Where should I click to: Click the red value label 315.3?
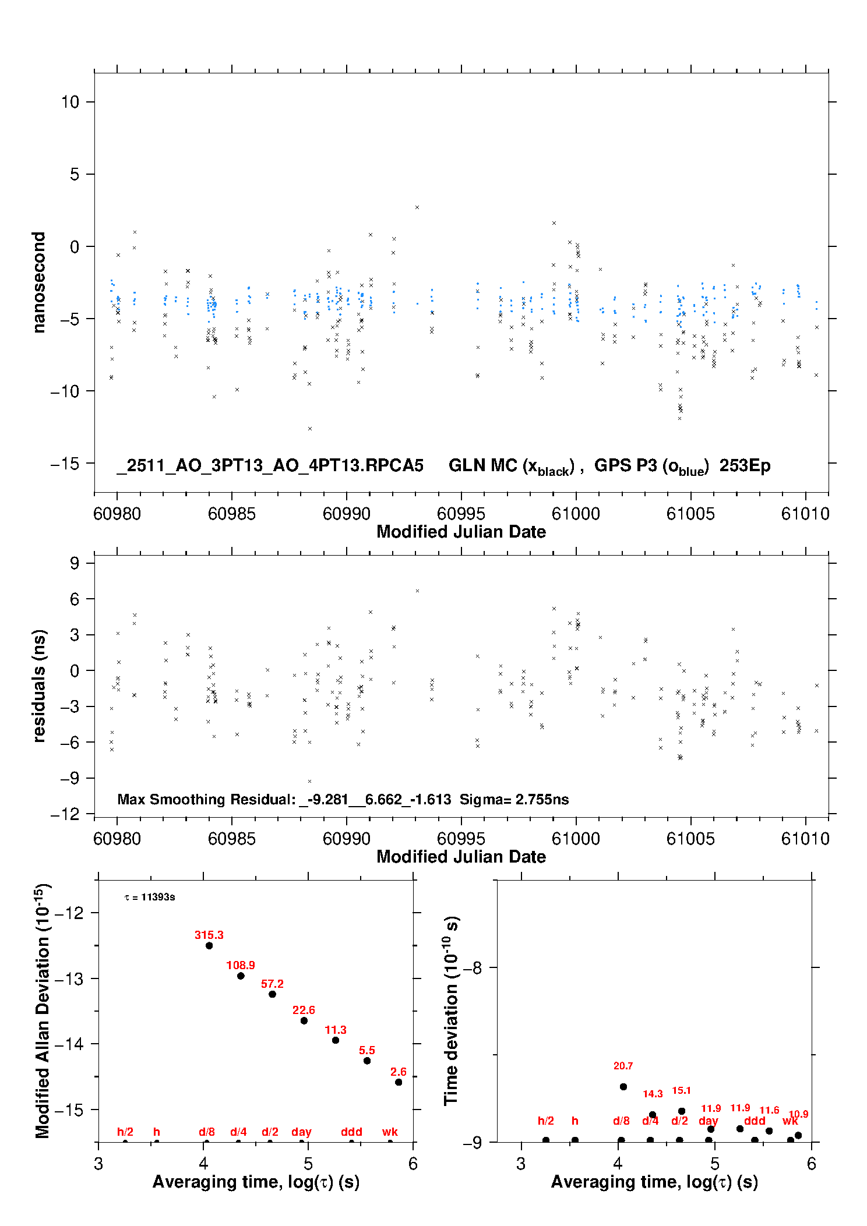(209, 935)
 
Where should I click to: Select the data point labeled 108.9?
(241, 976)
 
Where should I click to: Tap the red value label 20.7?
(623, 1066)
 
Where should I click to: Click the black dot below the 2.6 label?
(399, 1082)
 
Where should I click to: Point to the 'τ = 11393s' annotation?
(150, 898)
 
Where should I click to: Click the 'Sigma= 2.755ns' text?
(514, 799)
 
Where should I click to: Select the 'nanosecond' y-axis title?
(39, 282)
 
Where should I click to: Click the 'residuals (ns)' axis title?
(39, 686)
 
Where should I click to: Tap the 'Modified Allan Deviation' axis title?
(42, 1011)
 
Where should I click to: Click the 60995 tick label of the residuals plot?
(461, 839)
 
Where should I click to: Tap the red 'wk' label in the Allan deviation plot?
(390, 1132)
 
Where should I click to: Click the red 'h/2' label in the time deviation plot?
(545, 1121)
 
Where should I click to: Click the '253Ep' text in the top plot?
(745, 465)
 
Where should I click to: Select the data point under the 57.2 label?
(272, 994)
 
